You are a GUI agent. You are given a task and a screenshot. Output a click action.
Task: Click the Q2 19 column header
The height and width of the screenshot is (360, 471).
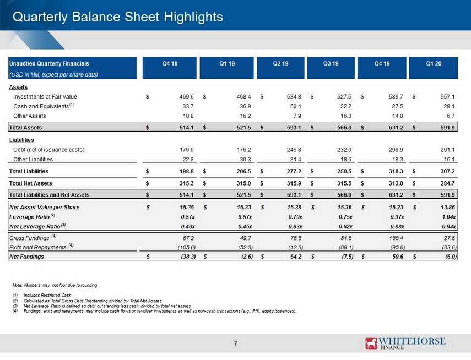(280, 64)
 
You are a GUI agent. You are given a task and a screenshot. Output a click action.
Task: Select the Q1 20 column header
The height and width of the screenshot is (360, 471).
(434, 64)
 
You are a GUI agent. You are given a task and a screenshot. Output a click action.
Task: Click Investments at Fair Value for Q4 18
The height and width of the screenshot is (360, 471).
(186, 97)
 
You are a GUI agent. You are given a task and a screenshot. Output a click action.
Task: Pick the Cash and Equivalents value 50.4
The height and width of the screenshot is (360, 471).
(295, 106)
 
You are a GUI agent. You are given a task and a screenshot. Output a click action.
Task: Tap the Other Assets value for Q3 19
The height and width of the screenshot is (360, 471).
(346, 116)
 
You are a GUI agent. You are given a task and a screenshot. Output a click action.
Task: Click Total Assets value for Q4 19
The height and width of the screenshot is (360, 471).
(396, 127)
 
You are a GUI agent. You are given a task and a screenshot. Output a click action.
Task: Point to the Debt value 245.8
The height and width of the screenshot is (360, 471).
(294, 150)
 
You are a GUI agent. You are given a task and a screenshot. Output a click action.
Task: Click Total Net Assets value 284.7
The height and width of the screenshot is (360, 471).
(447, 183)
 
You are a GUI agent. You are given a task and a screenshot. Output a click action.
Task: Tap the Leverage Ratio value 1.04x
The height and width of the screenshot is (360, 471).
(449, 217)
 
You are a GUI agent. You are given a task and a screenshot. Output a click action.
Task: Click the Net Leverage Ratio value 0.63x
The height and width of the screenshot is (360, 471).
(295, 226)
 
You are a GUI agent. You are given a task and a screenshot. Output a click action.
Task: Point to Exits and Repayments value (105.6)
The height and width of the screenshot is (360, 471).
(187, 247)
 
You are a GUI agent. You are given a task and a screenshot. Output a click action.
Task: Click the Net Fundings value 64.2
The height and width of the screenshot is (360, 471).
(296, 257)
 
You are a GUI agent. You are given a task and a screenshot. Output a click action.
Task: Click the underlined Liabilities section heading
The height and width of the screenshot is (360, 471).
(21, 140)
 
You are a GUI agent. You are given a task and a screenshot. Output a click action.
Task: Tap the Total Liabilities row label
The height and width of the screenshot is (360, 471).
(29, 171)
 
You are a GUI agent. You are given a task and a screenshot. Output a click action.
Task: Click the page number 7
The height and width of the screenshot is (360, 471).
(236, 344)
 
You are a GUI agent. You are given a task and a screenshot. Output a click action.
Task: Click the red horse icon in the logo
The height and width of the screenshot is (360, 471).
(371, 343)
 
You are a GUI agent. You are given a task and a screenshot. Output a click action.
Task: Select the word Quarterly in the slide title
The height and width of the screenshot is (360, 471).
(40, 17)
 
